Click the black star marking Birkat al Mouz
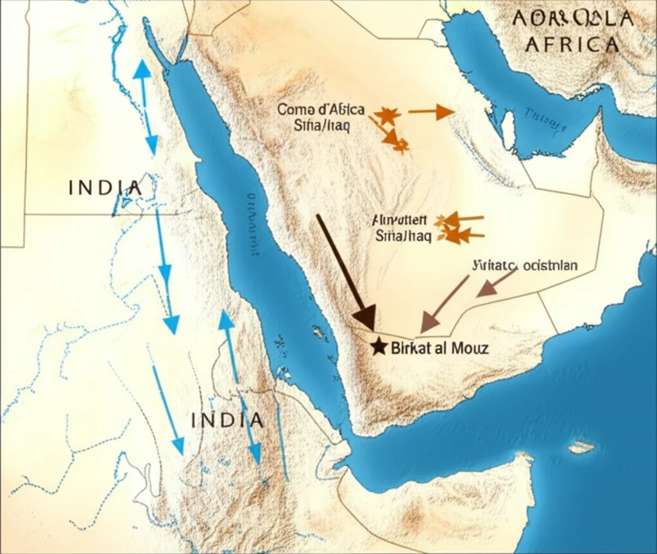379,347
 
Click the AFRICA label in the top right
572,44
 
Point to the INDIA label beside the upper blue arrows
105,188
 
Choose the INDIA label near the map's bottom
228,420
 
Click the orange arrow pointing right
431,112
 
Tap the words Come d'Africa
321,110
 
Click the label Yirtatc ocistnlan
524,264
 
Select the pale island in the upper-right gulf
508,130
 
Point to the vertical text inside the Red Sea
250,225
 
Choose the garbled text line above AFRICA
573,19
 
